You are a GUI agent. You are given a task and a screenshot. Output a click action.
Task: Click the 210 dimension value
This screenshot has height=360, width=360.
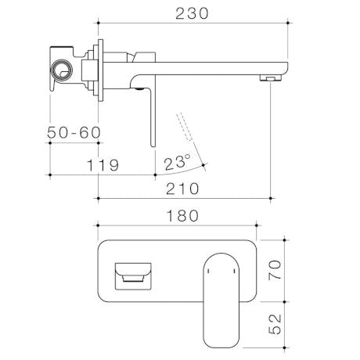tap(183, 189)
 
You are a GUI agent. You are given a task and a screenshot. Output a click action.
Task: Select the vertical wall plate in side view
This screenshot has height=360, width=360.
tap(99, 73)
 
